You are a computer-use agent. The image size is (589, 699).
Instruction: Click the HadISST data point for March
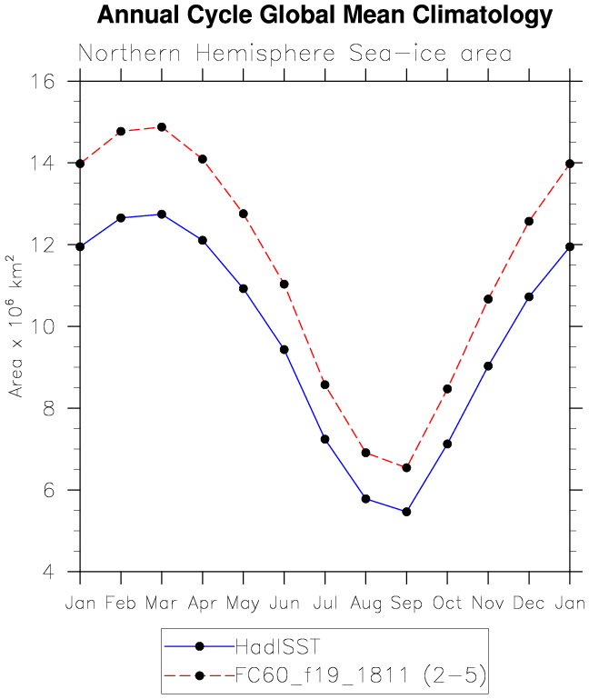[x=162, y=215]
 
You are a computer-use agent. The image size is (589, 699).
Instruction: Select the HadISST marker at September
[x=406, y=512]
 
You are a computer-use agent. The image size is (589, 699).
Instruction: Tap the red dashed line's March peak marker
[x=162, y=127]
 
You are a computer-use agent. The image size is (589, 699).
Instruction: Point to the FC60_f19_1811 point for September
[x=406, y=468]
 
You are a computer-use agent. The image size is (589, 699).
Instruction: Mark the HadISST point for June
[x=285, y=349]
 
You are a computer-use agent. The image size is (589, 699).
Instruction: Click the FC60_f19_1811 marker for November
[x=488, y=299]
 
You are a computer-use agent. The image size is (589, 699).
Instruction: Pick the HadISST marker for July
[x=324, y=439]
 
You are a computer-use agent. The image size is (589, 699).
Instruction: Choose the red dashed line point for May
[x=244, y=214]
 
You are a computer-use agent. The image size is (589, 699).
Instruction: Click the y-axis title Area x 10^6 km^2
[x=16, y=326]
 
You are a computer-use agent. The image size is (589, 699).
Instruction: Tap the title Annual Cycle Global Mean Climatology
[x=324, y=15]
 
